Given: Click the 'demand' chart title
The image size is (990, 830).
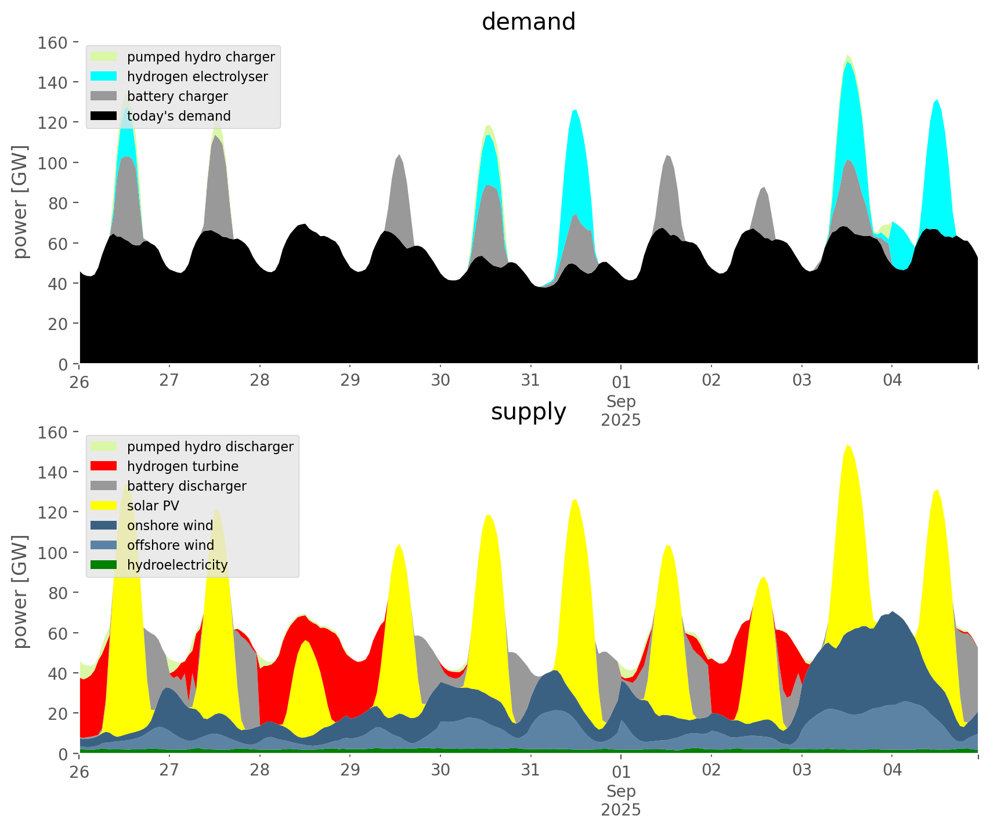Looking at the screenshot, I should click(x=528, y=22).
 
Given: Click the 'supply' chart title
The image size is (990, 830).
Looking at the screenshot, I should click(x=528, y=412).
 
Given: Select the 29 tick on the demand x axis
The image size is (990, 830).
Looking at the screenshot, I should click(x=350, y=380).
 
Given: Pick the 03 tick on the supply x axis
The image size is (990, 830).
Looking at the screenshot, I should click(x=802, y=770).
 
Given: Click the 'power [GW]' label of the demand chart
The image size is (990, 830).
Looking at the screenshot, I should click(x=21, y=202).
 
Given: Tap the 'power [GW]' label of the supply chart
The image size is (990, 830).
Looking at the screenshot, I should click(x=21, y=592).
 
